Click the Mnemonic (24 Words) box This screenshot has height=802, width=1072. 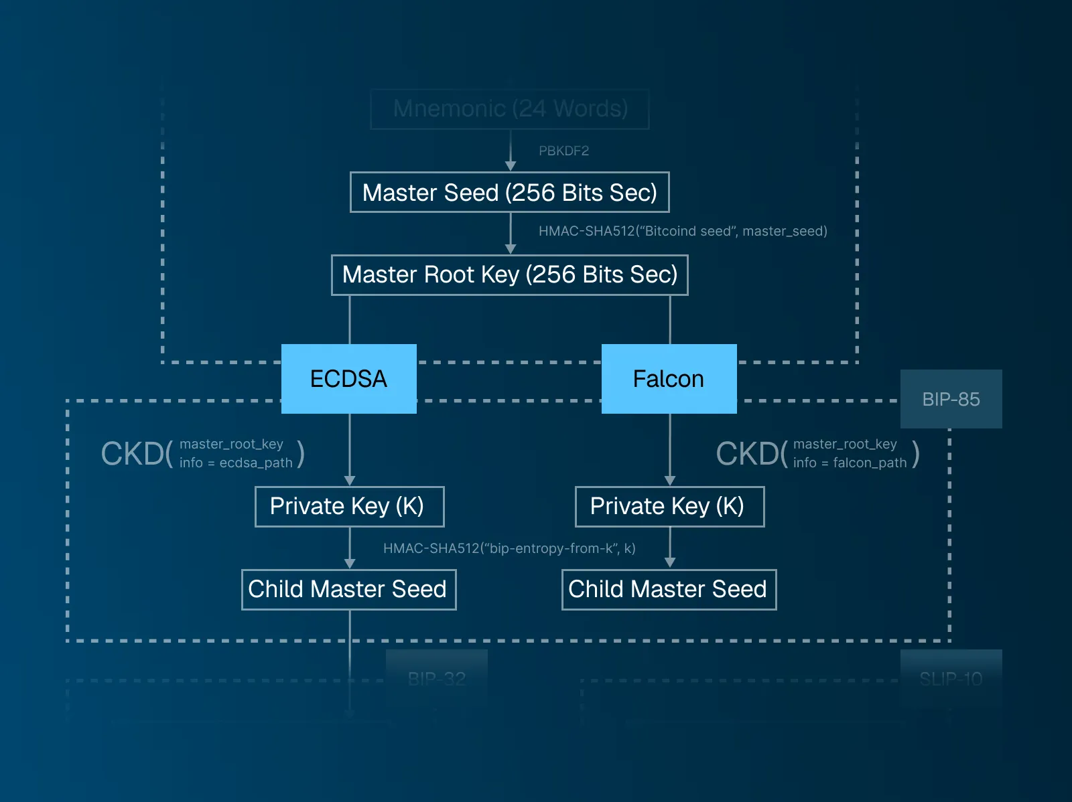(510, 108)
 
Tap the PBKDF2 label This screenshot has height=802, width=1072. (563, 151)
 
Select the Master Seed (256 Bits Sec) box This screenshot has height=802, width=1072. (509, 193)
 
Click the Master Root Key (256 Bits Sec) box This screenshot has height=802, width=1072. (509, 274)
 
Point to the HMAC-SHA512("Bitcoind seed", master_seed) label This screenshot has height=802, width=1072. (683, 231)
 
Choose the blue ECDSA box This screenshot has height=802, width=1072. (348, 379)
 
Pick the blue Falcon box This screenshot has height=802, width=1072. (669, 379)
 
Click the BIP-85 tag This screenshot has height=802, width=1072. (951, 399)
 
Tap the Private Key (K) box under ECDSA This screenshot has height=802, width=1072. (349, 506)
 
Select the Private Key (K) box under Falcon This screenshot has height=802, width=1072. (669, 506)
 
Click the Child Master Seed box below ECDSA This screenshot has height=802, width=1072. (348, 589)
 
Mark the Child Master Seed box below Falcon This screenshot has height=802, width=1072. (669, 589)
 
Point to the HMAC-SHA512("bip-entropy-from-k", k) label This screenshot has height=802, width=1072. (509, 548)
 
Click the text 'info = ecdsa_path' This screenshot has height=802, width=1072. (236, 463)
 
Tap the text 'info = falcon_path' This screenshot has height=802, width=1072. (850, 463)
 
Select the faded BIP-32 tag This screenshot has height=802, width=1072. (436, 679)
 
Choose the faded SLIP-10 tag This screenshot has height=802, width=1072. (951, 679)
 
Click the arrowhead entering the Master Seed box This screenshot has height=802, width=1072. (511, 166)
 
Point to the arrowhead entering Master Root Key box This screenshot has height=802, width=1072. (511, 249)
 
